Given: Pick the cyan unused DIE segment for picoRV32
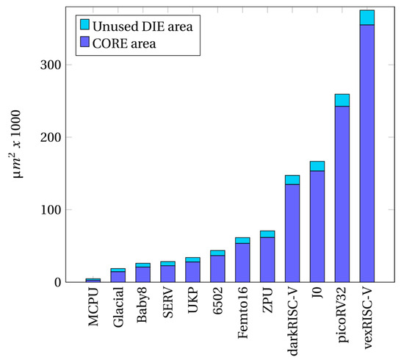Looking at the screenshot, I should tap(342, 100).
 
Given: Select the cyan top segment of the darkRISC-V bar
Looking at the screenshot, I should tap(292, 180).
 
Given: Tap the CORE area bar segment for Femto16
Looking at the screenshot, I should tap(242, 262).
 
